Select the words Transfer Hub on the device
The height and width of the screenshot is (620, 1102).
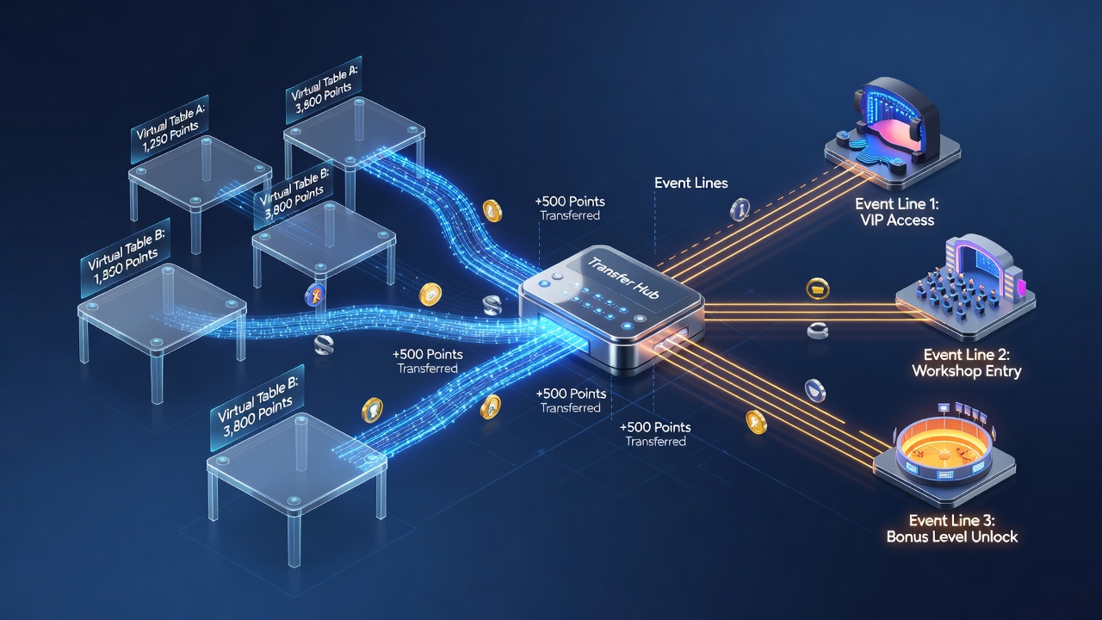[x=622, y=278]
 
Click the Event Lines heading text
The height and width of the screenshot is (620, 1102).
[x=690, y=183]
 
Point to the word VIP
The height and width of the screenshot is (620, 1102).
[x=872, y=220]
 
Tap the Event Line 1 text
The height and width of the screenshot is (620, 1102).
[x=896, y=204]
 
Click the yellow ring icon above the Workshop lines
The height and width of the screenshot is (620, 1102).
[x=818, y=288]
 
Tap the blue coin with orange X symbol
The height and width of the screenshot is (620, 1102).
[x=314, y=296]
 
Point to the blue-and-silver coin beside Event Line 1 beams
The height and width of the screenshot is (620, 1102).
[x=740, y=209]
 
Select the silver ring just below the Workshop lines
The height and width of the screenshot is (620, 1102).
[x=818, y=330]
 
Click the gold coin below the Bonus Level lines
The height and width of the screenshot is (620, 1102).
[x=756, y=422]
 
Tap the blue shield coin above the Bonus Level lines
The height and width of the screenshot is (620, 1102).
[x=815, y=391]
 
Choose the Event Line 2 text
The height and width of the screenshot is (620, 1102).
[x=967, y=355]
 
